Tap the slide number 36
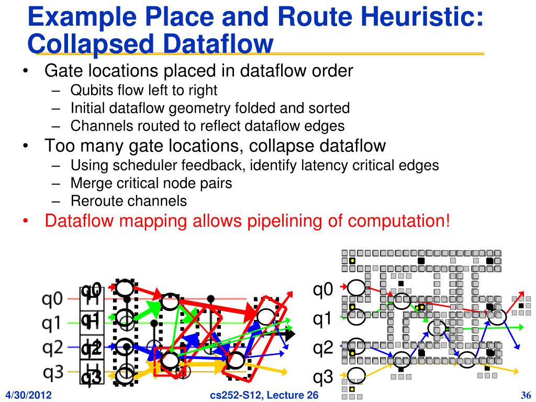coord(526,395)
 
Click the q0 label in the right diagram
coord(323,289)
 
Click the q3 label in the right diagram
coord(323,377)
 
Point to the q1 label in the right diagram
coord(323,318)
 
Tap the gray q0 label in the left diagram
coord(52,299)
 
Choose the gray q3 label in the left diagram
coord(52,372)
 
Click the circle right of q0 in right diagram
coord(356,287)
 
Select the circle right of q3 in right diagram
coord(356,375)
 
